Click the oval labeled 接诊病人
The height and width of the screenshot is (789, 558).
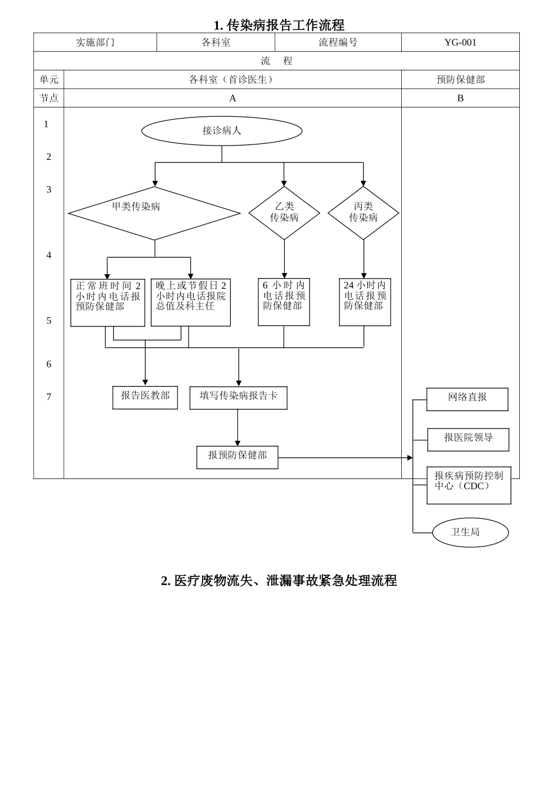click(x=221, y=131)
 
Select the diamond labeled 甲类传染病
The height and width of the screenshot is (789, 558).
click(x=154, y=213)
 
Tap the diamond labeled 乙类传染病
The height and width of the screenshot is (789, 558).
click(x=284, y=213)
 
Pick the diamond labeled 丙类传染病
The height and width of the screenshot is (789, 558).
click(x=363, y=213)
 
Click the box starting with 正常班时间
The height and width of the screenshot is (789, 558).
click(x=107, y=303)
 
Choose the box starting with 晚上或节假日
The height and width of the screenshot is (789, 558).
click(x=190, y=302)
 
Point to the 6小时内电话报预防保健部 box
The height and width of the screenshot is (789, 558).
click(x=284, y=302)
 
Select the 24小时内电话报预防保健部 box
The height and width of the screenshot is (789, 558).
click(x=365, y=302)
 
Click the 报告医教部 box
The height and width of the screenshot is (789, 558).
click(x=145, y=397)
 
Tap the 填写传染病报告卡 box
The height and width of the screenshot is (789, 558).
click(x=238, y=397)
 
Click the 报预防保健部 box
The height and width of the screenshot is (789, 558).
click(x=237, y=457)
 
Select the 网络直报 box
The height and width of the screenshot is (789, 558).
click(x=467, y=399)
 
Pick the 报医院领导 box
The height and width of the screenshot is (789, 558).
click(x=468, y=440)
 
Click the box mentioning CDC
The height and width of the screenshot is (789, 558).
click(x=469, y=485)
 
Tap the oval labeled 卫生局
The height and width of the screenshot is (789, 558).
click(x=470, y=532)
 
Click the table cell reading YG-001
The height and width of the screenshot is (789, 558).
click(x=460, y=42)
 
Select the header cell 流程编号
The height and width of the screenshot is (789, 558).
click(x=338, y=42)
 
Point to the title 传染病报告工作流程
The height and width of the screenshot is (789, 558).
click(x=278, y=25)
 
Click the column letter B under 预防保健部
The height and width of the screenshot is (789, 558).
click(x=460, y=98)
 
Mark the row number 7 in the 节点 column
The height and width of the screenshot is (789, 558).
click(x=49, y=397)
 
